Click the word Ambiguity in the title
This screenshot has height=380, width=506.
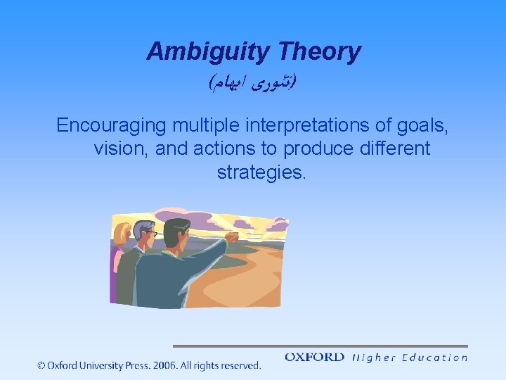click(209, 52)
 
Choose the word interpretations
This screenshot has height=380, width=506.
click(317, 126)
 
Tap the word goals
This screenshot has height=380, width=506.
click(424, 126)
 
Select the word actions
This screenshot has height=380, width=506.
click(228, 149)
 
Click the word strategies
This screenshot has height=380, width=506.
click(261, 172)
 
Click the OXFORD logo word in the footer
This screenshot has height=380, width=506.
click(314, 357)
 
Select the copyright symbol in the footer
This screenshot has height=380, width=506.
click(41, 365)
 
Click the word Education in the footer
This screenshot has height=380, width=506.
click(435, 357)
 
